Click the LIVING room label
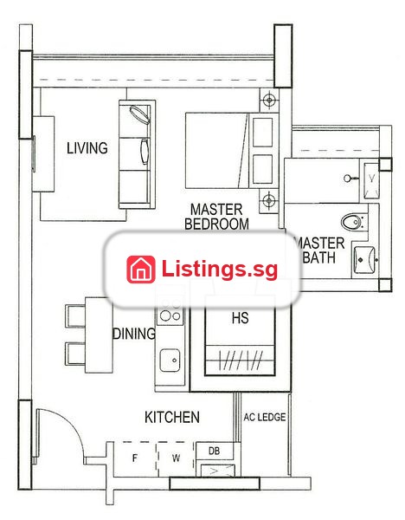click(87, 148)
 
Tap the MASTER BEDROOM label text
click(216, 217)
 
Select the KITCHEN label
click(172, 417)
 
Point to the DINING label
click(134, 334)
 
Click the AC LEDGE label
click(265, 417)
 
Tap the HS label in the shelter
click(240, 318)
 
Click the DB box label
click(215, 451)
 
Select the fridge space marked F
click(135, 458)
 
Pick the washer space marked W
click(176, 458)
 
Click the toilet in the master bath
click(353, 222)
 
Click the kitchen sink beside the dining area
click(170, 360)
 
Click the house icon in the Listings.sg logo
click(141, 269)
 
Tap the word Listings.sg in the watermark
click(220, 269)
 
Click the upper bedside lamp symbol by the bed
click(269, 99)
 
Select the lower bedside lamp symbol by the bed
click(268, 200)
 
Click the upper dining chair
click(75, 316)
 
